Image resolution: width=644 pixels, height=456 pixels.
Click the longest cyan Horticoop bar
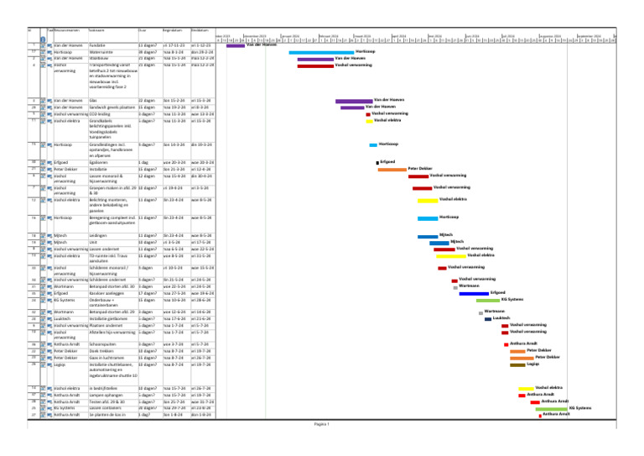pos(320,51)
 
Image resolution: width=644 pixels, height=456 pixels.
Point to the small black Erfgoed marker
pos(377,161)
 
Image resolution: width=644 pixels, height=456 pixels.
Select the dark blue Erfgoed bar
pos(473,293)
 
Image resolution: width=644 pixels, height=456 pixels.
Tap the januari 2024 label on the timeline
pos(289,36)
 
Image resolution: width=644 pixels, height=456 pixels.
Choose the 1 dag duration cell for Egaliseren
pos(143,161)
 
